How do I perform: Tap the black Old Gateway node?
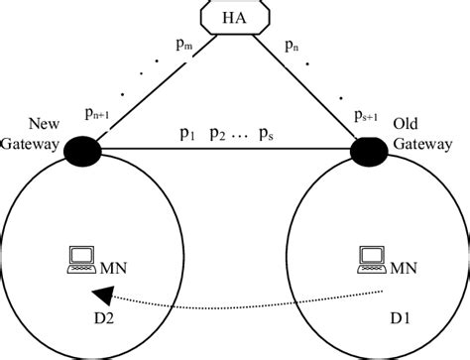[x=370, y=152]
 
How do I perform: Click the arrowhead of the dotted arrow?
[x=99, y=294]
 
